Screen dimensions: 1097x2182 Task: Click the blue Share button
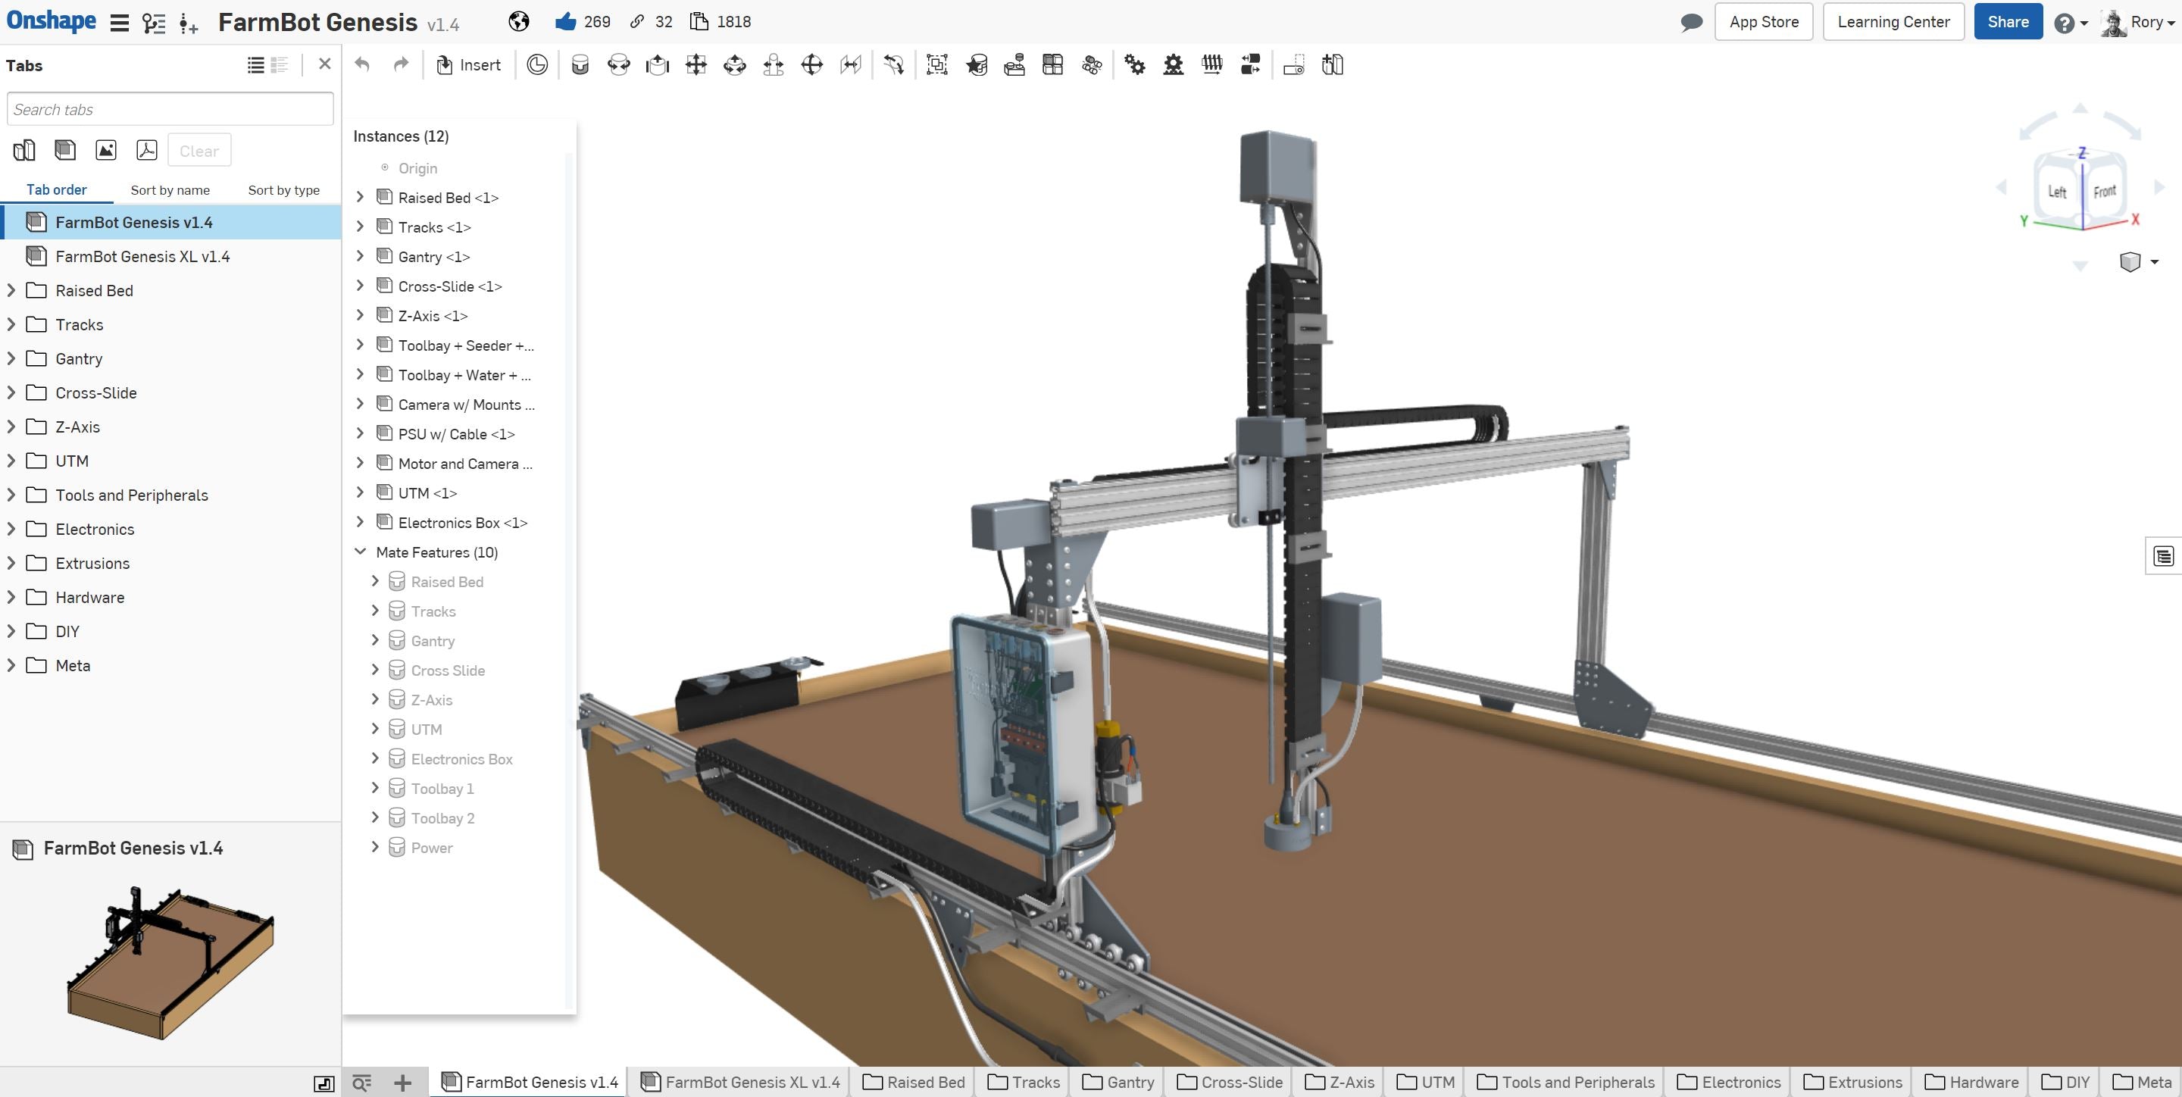tap(2008, 22)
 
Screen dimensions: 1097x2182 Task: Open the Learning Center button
tap(1893, 22)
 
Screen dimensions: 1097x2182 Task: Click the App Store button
tap(1763, 22)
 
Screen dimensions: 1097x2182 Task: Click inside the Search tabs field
tap(170, 109)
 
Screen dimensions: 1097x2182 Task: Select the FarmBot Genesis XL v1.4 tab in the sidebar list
tap(142, 257)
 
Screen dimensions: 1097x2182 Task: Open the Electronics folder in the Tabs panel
tap(95, 530)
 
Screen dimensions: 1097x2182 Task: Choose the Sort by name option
tap(170, 189)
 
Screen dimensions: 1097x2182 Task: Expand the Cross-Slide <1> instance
tap(360, 286)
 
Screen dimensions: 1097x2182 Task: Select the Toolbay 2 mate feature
tap(442, 818)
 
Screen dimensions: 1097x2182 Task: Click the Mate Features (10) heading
tap(436, 552)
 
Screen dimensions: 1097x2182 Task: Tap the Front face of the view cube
tap(2104, 192)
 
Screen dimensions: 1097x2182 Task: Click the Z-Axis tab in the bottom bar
tap(1341, 1082)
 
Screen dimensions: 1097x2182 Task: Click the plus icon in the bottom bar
tap(402, 1082)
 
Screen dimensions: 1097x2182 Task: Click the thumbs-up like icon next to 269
tap(565, 22)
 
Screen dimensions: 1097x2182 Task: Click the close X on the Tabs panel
tap(324, 64)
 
